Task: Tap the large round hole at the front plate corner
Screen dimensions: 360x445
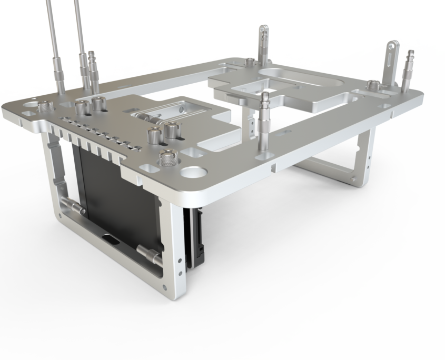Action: coord(193,172)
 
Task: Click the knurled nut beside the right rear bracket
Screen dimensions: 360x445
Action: coord(373,84)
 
